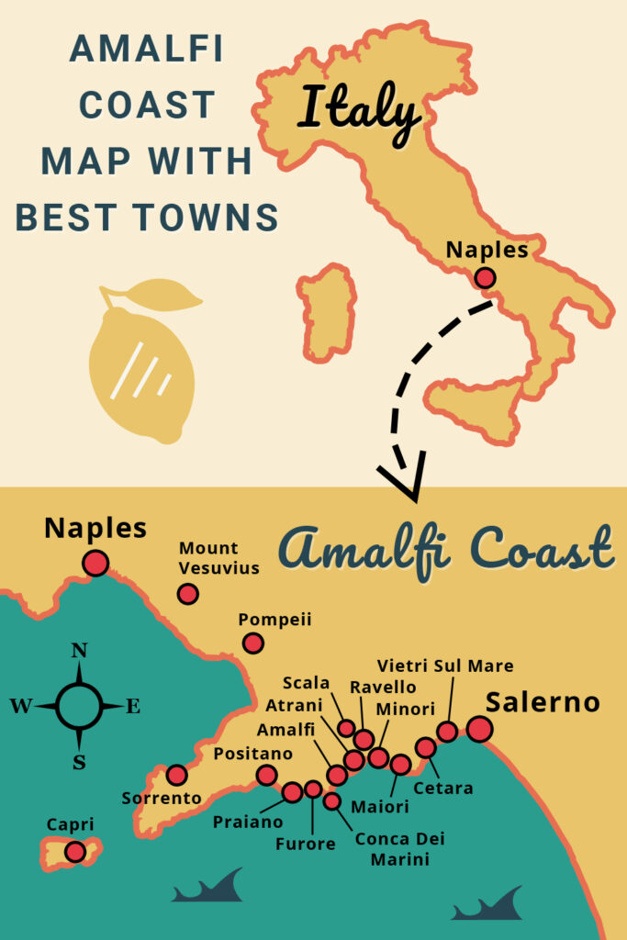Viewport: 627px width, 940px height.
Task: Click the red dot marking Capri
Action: pos(75,852)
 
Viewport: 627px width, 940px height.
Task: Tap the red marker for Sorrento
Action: pos(176,775)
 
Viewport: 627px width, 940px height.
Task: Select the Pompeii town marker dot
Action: pos(252,643)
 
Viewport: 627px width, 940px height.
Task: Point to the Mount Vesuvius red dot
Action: pos(188,594)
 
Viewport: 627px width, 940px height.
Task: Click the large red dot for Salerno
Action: pos(479,729)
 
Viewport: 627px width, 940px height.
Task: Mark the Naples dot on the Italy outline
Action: pos(485,277)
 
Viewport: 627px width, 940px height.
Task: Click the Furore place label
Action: pos(306,844)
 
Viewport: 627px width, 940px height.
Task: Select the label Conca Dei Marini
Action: pos(394,849)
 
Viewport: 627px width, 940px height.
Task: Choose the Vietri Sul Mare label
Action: pos(445,666)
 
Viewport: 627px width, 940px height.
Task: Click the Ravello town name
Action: pos(383,687)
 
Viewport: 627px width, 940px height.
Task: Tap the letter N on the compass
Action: pos(79,651)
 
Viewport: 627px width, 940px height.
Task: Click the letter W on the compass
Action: pos(20,706)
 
